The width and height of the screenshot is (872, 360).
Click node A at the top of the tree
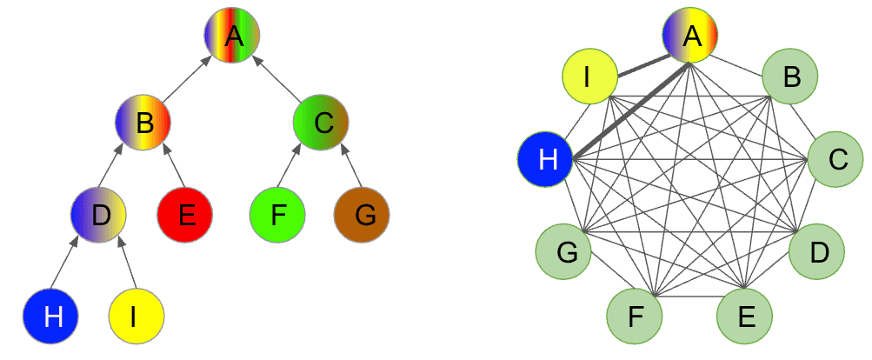(232, 36)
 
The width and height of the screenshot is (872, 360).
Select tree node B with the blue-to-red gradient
(143, 123)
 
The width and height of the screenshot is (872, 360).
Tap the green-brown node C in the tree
(321, 123)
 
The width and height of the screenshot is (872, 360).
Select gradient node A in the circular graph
(690, 36)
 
